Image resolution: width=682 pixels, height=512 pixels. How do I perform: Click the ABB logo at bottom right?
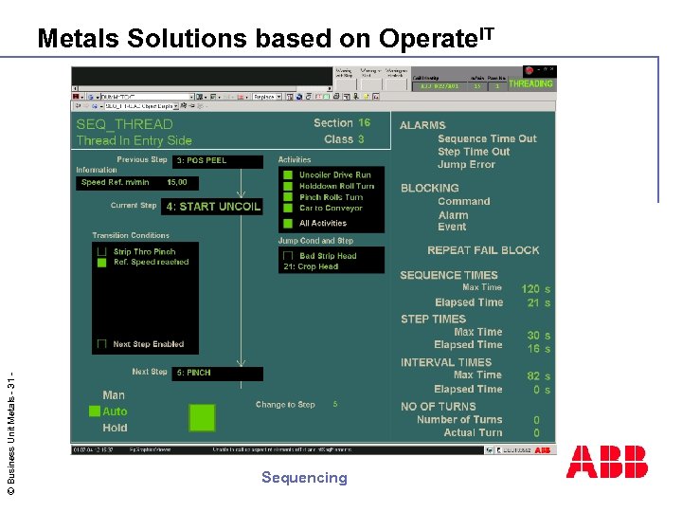pos(607,462)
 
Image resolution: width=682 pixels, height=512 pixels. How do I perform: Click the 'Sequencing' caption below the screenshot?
pos(304,478)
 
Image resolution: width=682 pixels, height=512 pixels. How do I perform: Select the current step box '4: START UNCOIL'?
pos(212,207)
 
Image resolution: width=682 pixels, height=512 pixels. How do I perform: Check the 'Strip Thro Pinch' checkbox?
pos(101,251)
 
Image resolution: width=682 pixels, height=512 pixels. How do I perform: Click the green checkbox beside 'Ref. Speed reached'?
pos(101,263)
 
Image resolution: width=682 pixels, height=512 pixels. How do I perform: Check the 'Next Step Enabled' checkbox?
pos(101,344)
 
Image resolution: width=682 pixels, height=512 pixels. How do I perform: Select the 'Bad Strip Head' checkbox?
pos(288,255)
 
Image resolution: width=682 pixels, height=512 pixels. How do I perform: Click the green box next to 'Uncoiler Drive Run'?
pos(288,174)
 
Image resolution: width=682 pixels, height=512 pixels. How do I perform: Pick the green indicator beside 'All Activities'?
pos(288,224)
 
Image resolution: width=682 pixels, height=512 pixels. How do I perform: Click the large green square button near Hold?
pos(202,417)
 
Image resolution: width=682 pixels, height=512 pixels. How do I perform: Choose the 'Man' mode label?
pos(114,395)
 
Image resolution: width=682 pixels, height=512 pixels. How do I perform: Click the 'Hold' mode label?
pos(115,428)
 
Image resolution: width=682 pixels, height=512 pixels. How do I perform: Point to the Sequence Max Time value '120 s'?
pos(535,288)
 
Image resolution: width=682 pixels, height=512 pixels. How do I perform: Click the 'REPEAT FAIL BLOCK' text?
pos(483,250)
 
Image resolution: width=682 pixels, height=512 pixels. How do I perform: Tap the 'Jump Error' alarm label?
pos(466,165)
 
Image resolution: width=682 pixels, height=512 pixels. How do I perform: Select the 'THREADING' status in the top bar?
pos(530,83)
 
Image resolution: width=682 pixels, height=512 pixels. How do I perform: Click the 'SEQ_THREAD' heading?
pos(124,124)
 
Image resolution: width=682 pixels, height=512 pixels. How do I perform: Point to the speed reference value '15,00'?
pos(177,182)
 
